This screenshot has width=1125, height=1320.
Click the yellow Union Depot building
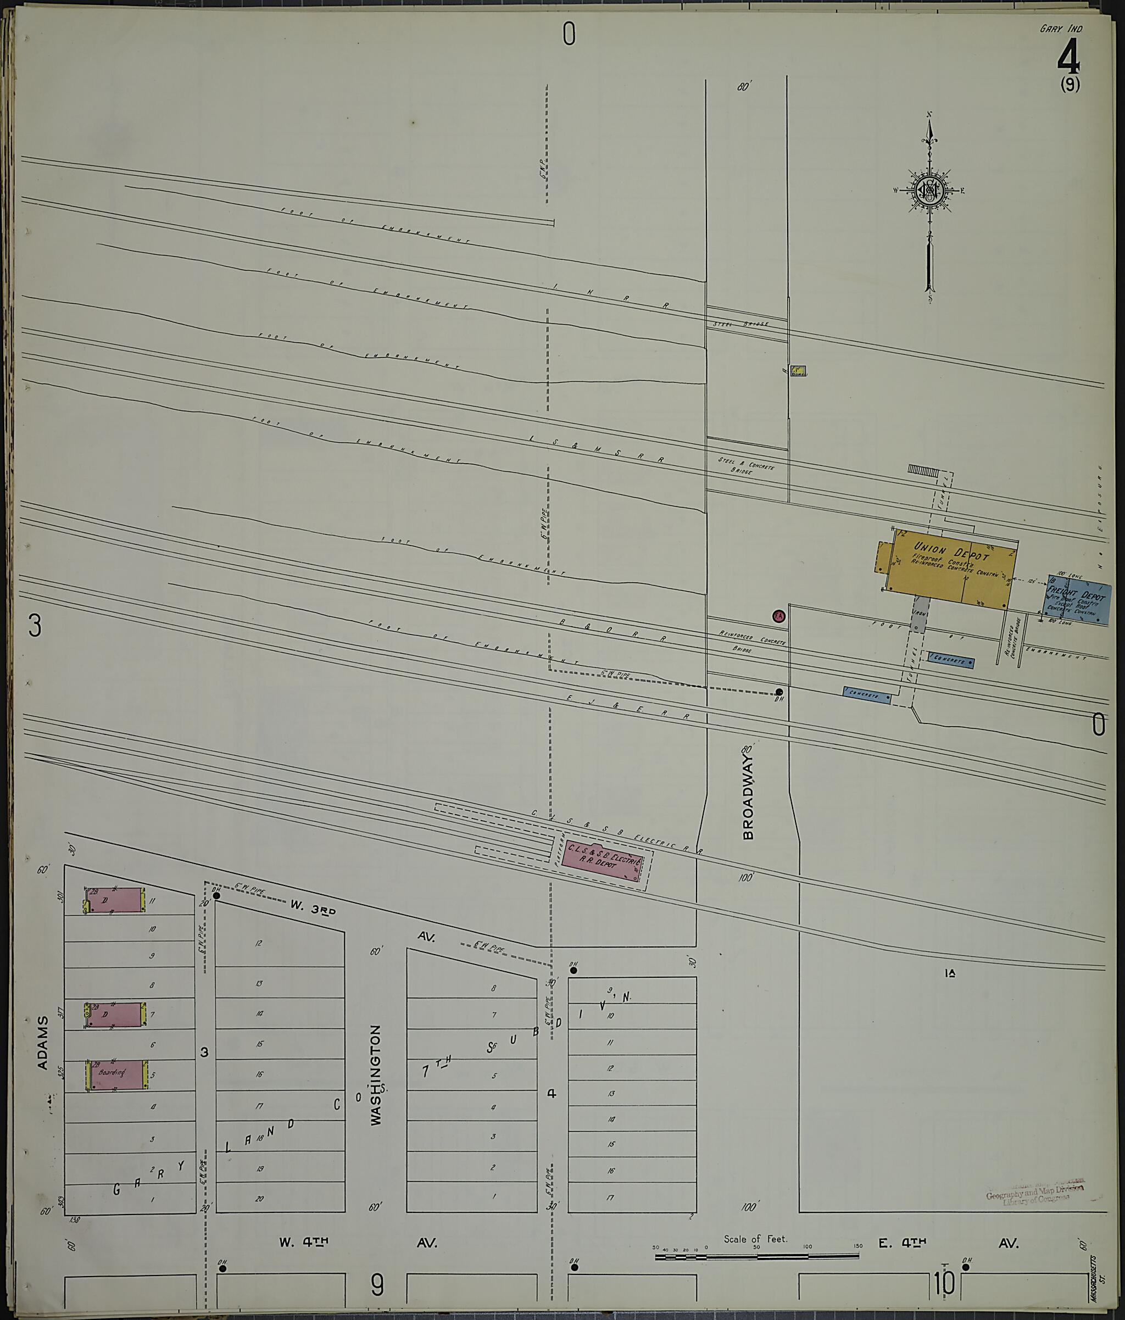pyautogui.click(x=949, y=570)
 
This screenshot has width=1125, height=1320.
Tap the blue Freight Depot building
pyautogui.click(x=1078, y=603)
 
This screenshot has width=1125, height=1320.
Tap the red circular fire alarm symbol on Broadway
pyautogui.click(x=778, y=616)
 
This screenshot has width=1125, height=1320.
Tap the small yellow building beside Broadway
pyautogui.click(x=799, y=370)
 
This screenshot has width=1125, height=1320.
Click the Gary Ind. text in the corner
pyautogui.click(x=1061, y=29)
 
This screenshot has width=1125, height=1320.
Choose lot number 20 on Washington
pyautogui.click(x=259, y=1198)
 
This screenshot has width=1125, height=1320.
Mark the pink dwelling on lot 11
pyautogui.click(x=115, y=900)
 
